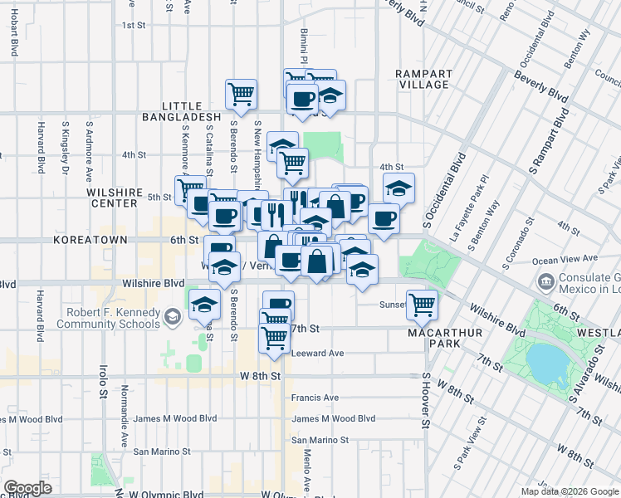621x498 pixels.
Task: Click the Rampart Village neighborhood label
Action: click(423, 78)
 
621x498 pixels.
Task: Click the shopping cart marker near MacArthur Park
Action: click(422, 305)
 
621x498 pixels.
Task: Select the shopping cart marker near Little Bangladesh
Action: click(241, 94)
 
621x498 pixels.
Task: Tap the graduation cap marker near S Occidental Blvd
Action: click(399, 188)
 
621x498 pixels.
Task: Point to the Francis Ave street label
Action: click(315, 398)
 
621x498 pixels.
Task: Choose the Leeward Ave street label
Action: click(317, 353)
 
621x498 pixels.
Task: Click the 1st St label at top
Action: click(134, 25)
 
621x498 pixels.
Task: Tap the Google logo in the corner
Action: click(27, 488)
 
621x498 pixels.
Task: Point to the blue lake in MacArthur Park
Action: click(544, 361)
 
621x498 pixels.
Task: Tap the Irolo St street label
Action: click(105, 378)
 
